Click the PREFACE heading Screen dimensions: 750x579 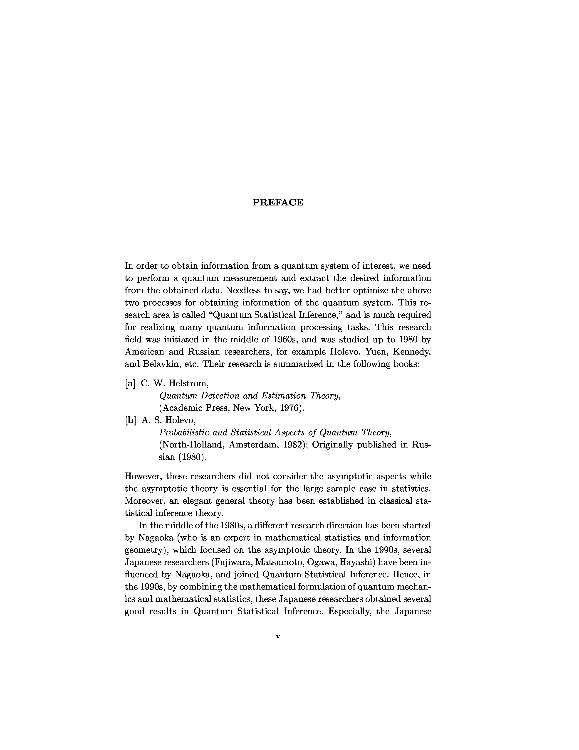click(x=278, y=202)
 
